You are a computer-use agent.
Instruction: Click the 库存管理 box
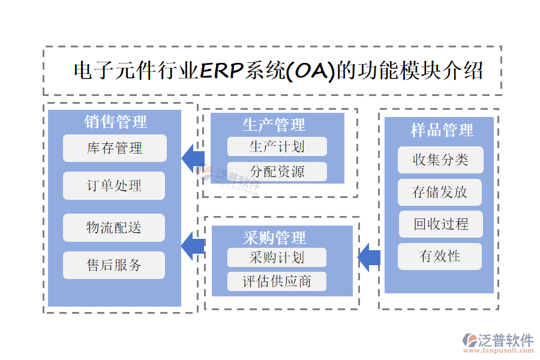point(115,148)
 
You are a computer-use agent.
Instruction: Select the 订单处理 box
point(114,185)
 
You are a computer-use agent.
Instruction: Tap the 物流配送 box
point(114,227)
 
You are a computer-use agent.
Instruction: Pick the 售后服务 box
point(114,265)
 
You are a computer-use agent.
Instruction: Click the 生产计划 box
point(277,146)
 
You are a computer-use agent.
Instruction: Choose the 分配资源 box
point(277,172)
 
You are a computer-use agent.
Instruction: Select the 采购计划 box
point(277,257)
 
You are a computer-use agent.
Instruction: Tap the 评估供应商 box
point(277,281)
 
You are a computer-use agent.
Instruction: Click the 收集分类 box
point(440,160)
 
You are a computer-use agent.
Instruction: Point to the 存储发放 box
point(440,192)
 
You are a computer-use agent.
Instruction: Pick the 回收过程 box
point(441,224)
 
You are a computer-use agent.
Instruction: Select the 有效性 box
point(440,256)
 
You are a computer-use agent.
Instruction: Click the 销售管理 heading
point(115,122)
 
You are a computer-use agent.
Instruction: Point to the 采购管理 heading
point(274,238)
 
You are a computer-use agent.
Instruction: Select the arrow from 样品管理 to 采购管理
point(369,257)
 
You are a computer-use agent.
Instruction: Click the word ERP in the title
point(220,71)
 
